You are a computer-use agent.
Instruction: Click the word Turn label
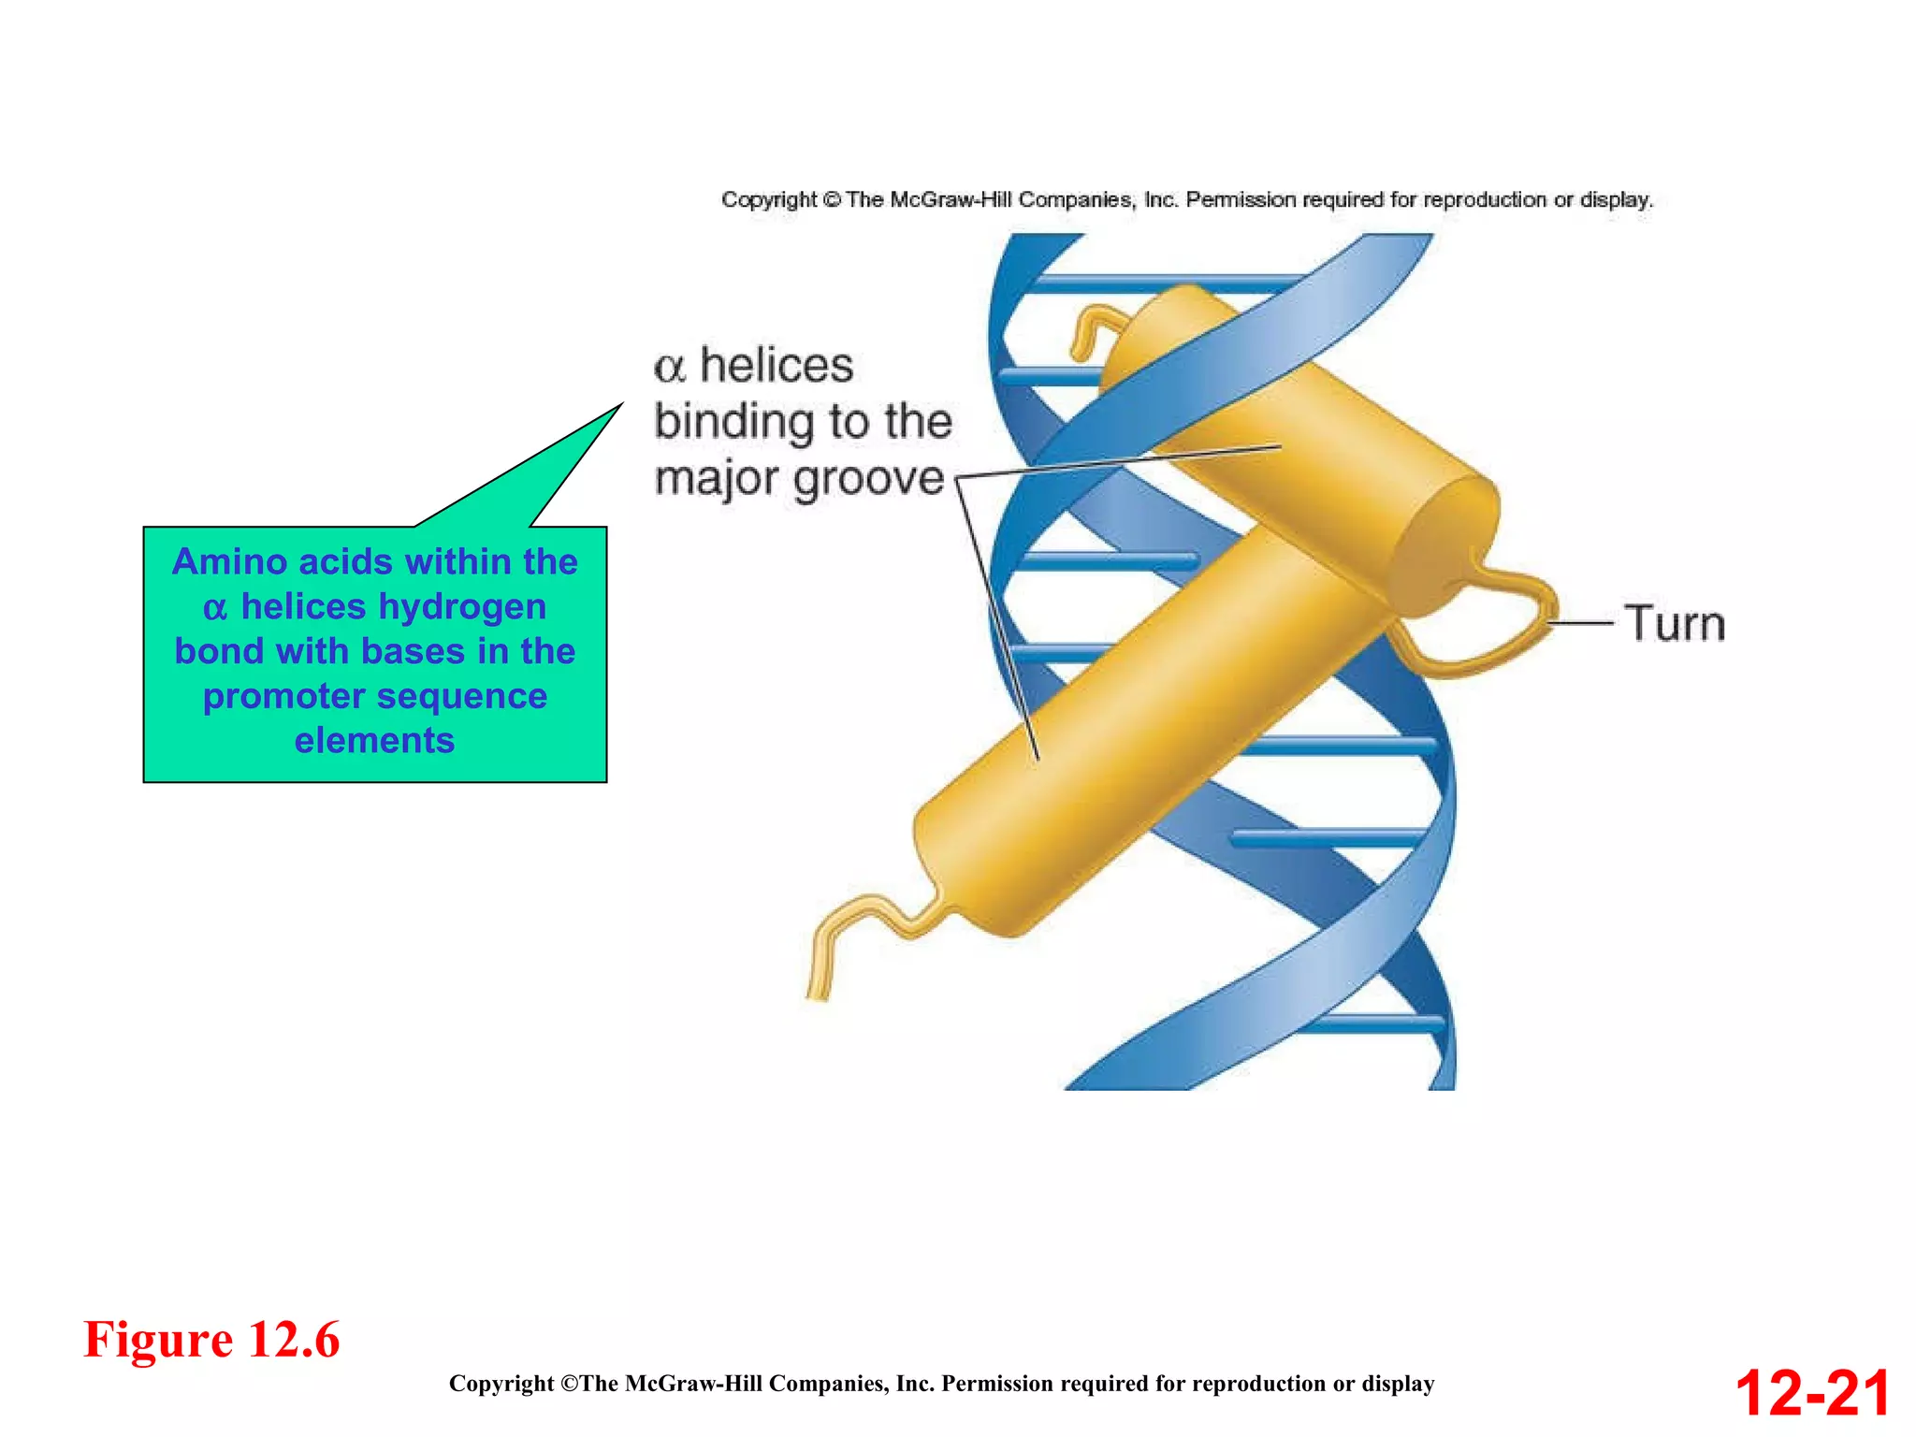pos(1675,623)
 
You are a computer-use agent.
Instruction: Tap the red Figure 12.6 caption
pos(211,1339)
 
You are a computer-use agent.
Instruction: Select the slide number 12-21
pos(1812,1393)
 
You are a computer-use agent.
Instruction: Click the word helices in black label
pos(777,365)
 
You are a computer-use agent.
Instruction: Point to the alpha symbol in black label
pos(670,367)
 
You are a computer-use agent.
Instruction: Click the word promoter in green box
pos(283,696)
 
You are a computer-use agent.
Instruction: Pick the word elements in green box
pos(374,740)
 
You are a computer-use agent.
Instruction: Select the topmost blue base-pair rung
pos(1160,280)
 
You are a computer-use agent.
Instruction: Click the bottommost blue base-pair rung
pos(1375,1024)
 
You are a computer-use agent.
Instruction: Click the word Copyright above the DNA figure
pos(768,199)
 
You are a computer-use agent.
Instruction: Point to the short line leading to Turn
pos(1581,622)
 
